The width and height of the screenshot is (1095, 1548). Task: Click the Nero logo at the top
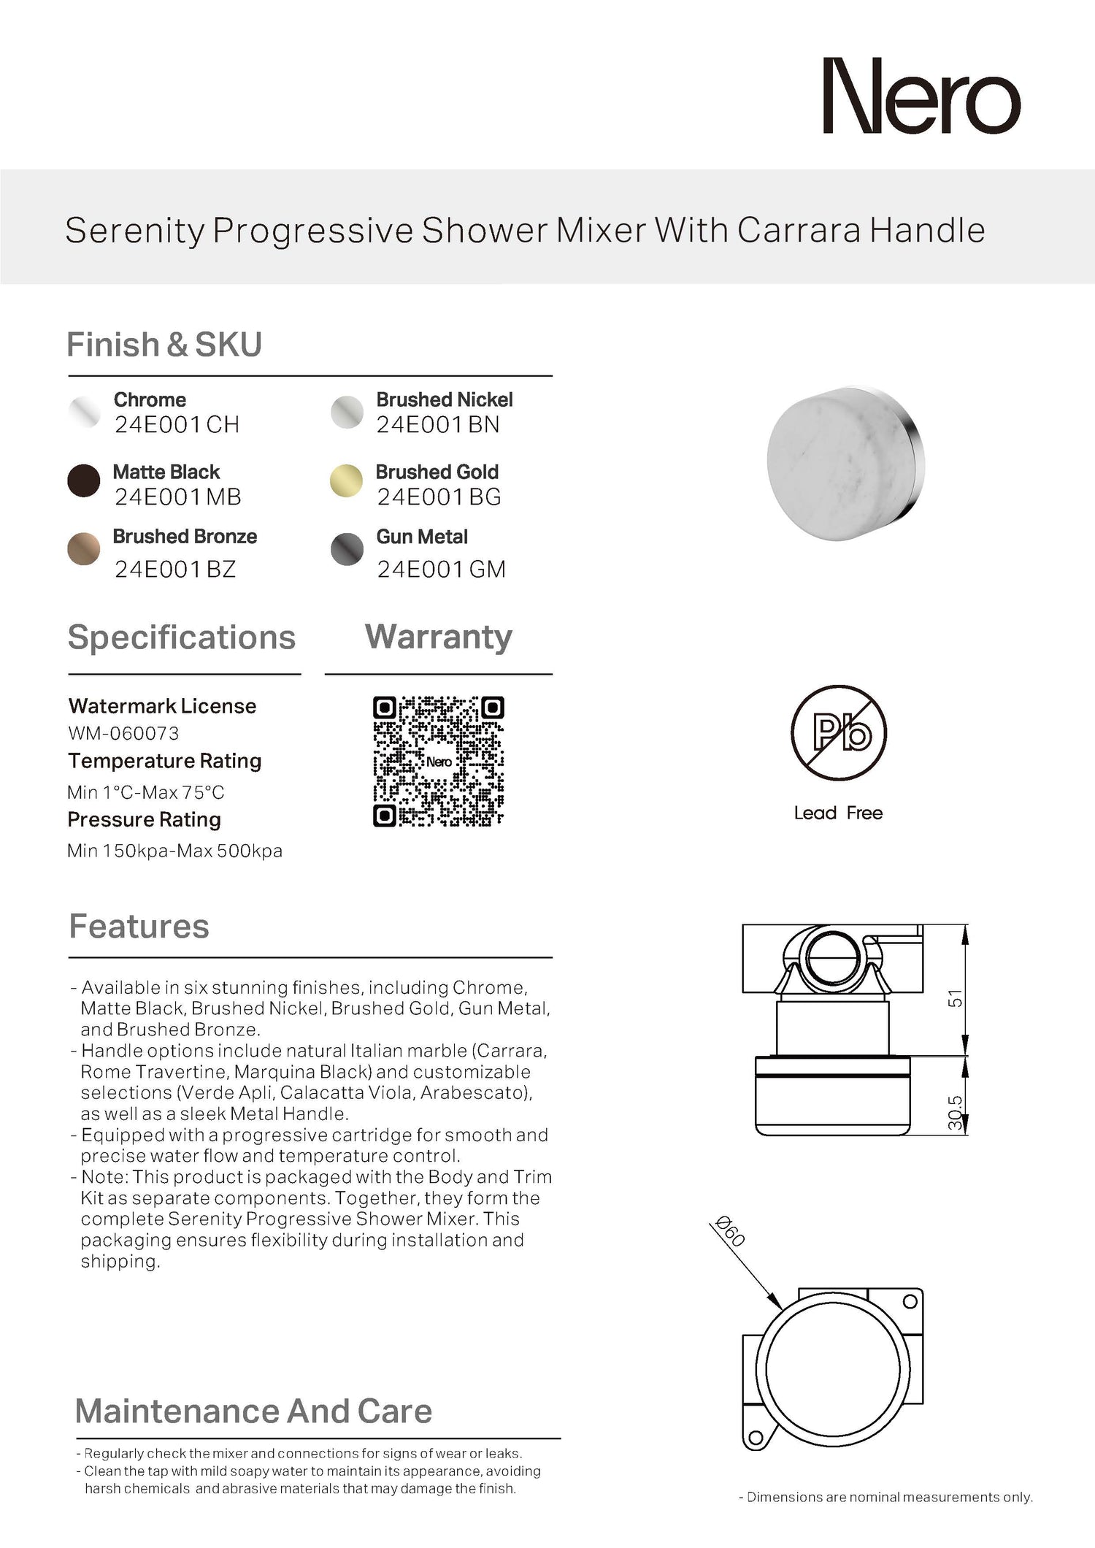point(921,96)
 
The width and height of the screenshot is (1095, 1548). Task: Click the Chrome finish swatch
point(84,412)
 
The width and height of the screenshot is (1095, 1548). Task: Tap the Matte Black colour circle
point(84,481)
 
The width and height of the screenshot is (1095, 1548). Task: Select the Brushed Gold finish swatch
point(347,481)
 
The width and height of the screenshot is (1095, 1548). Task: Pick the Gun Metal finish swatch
point(347,550)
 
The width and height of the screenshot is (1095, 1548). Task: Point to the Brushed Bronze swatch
point(84,548)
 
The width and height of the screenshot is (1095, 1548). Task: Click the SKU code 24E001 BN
point(438,425)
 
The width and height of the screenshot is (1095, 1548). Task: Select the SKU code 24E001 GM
point(441,570)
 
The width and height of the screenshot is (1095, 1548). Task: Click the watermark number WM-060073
point(123,734)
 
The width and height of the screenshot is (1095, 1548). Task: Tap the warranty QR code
point(438,762)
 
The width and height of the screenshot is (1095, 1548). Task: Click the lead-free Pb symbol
point(839,732)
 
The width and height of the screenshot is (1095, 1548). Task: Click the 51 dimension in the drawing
point(956,999)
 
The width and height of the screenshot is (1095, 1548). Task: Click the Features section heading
point(139,927)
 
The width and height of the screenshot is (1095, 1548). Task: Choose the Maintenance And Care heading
point(253,1411)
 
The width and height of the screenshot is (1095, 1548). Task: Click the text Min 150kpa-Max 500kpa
point(174,851)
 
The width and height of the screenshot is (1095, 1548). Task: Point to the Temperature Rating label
point(165,761)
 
